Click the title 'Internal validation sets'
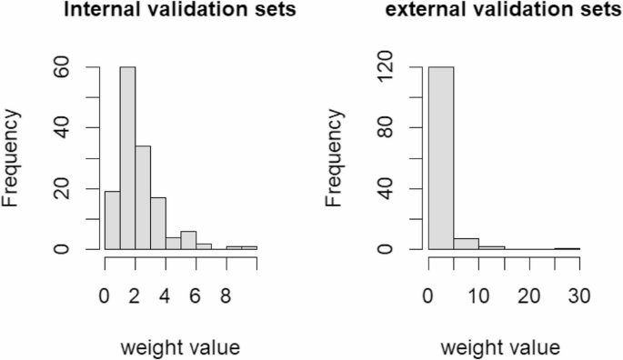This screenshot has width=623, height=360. click(x=179, y=12)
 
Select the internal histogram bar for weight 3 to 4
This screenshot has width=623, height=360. click(x=157, y=223)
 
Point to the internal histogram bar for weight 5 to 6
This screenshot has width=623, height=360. click(x=188, y=240)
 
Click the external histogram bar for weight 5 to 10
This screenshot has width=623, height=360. click(x=466, y=244)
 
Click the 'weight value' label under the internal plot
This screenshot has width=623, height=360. click(x=179, y=346)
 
